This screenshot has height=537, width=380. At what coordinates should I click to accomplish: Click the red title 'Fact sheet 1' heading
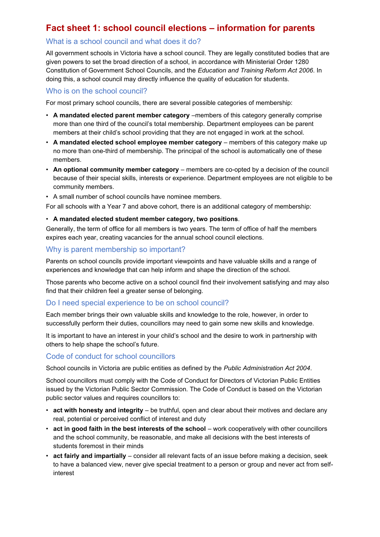point(180,28)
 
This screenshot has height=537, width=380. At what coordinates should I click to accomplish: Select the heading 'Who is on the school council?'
point(96,91)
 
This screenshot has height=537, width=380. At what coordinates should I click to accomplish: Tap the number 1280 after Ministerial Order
point(302,62)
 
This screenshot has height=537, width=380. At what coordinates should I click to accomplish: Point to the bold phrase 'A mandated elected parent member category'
point(121,115)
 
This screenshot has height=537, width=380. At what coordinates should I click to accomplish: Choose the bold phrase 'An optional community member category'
point(116,170)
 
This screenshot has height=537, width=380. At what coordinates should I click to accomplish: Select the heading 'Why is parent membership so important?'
point(115,249)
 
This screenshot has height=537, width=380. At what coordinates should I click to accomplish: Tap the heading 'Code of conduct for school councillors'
point(110,357)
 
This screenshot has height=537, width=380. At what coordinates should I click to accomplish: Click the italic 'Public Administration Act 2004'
point(267,368)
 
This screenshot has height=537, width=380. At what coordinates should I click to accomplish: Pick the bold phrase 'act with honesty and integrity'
point(98,410)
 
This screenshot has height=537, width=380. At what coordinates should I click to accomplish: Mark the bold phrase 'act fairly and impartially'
point(89,456)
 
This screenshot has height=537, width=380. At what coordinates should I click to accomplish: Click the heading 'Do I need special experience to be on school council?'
point(137,303)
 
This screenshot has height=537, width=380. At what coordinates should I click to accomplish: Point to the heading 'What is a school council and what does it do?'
point(123,41)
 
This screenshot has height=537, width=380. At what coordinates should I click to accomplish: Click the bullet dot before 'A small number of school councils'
point(47,197)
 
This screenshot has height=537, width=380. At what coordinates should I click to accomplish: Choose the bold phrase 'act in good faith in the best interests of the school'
point(129,429)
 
